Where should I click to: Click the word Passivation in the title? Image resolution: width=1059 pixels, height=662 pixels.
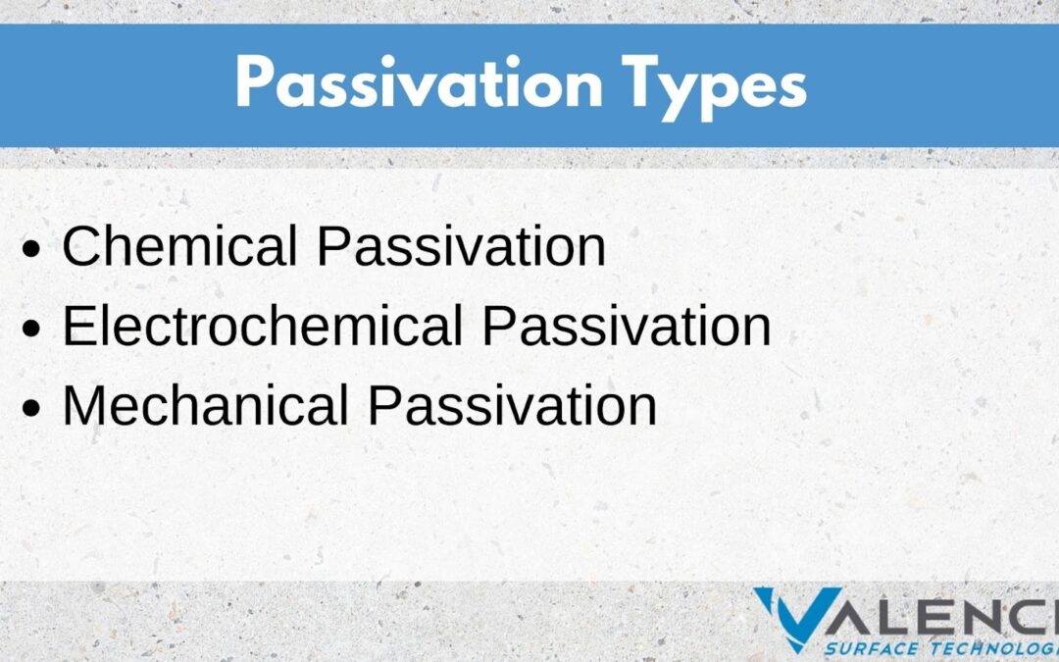[419, 82]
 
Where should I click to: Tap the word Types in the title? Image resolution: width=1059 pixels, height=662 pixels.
[715, 88]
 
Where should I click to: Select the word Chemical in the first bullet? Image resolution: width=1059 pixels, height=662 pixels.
[179, 246]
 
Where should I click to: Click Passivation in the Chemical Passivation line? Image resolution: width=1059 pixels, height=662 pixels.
[461, 246]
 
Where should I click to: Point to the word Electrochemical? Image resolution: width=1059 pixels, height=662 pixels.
[263, 327]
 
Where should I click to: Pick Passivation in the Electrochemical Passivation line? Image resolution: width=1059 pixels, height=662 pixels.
[626, 327]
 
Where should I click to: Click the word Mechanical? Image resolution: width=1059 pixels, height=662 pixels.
[205, 406]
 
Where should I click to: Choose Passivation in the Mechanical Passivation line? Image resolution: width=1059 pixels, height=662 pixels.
[512, 406]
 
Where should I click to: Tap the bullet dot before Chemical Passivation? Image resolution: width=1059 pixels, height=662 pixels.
[31, 248]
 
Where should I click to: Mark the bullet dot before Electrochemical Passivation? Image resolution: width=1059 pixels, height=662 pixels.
[31, 329]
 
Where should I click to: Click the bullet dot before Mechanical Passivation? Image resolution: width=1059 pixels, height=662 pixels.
[31, 409]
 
